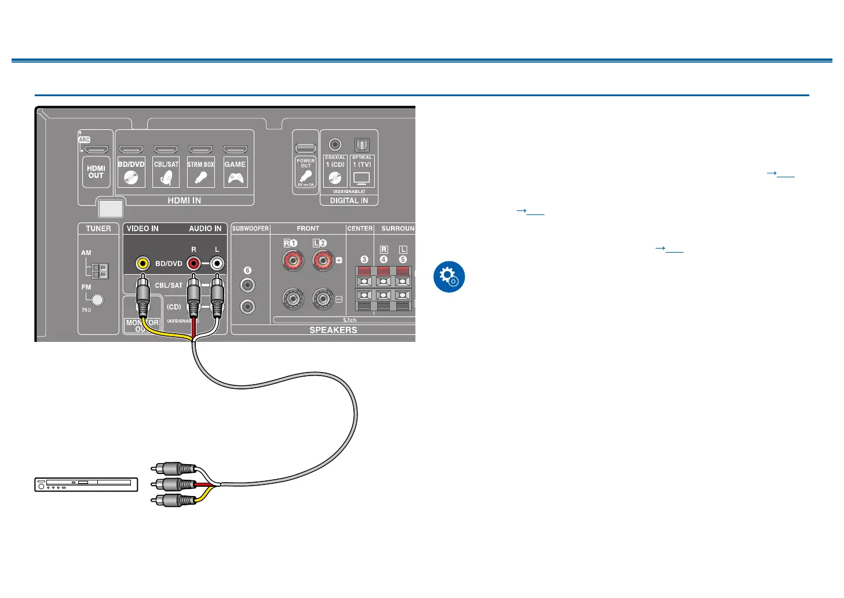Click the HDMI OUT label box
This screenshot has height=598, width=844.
tap(96, 172)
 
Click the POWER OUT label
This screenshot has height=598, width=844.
tap(305, 163)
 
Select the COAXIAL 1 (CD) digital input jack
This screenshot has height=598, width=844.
tap(335, 145)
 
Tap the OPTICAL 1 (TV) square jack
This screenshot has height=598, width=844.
tap(362, 145)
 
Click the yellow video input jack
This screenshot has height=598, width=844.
tap(143, 264)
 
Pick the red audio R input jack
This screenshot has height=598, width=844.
tap(193, 264)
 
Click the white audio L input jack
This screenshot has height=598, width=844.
tap(217, 264)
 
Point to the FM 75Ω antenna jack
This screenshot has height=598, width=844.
tap(98, 300)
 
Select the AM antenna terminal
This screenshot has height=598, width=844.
tap(99, 270)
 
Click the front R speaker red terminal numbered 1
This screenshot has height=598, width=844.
tap(293, 261)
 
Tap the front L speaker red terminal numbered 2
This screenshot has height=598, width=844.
tap(323, 261)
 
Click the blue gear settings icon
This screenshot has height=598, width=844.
tap(449, 276)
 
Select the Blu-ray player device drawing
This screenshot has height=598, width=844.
tap(86, 484)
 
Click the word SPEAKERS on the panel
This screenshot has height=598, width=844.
tap(333, 330)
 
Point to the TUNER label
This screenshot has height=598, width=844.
tap(98, 228)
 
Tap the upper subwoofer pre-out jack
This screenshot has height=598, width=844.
tap(247, 285)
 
